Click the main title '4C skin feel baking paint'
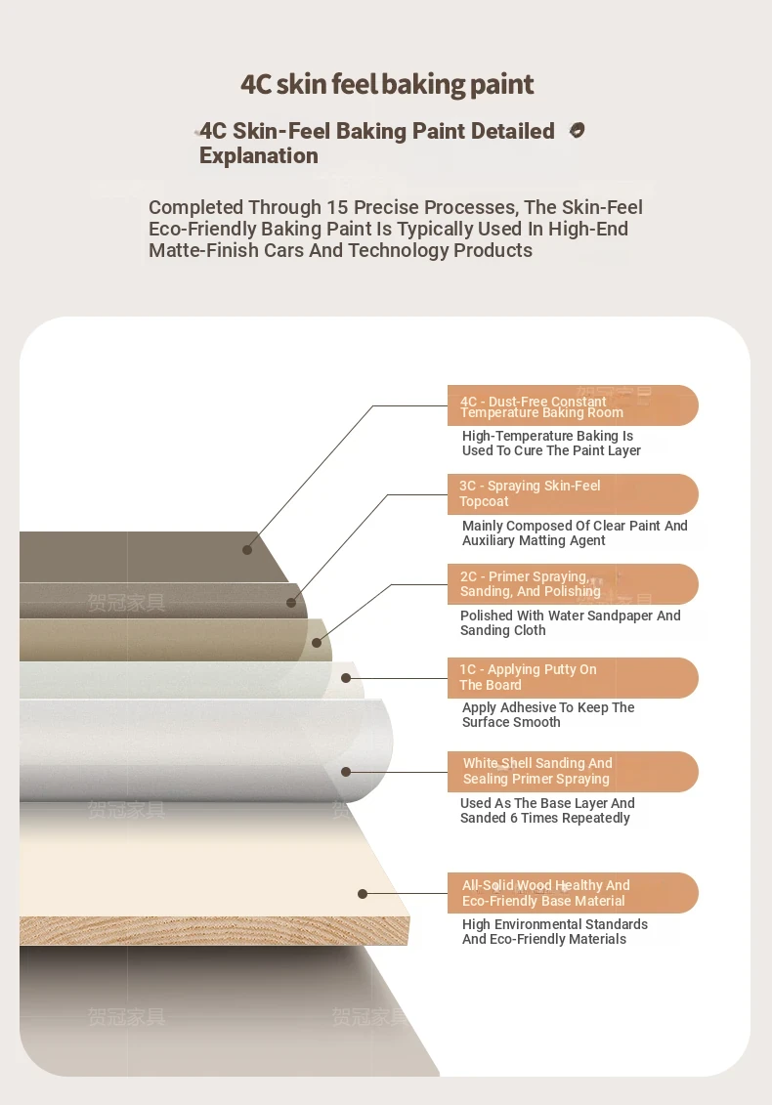point(387,85)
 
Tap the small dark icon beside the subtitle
point(577,130)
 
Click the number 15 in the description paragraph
point(338,207)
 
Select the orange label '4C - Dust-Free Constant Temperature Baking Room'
point(573,405)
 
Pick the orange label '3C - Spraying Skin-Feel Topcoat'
point(573,494)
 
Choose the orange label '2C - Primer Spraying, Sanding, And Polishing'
point(573,584)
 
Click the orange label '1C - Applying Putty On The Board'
point(573,678)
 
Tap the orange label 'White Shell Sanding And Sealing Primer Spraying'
point(573,772)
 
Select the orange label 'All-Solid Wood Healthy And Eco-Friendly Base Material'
point(573,893)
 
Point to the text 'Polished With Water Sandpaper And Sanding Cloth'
point(571,623)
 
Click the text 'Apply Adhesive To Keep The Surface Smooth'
point(548,714)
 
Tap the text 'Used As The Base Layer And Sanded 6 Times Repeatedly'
point(547,810)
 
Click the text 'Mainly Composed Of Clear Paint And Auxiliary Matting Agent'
point(575,532)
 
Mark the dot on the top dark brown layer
point(247,550)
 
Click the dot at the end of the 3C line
point(292,603)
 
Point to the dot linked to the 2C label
point(317,643)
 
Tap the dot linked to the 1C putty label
point(346,678)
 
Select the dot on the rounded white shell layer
point(346,772)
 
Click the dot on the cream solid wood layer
point(363,894)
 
